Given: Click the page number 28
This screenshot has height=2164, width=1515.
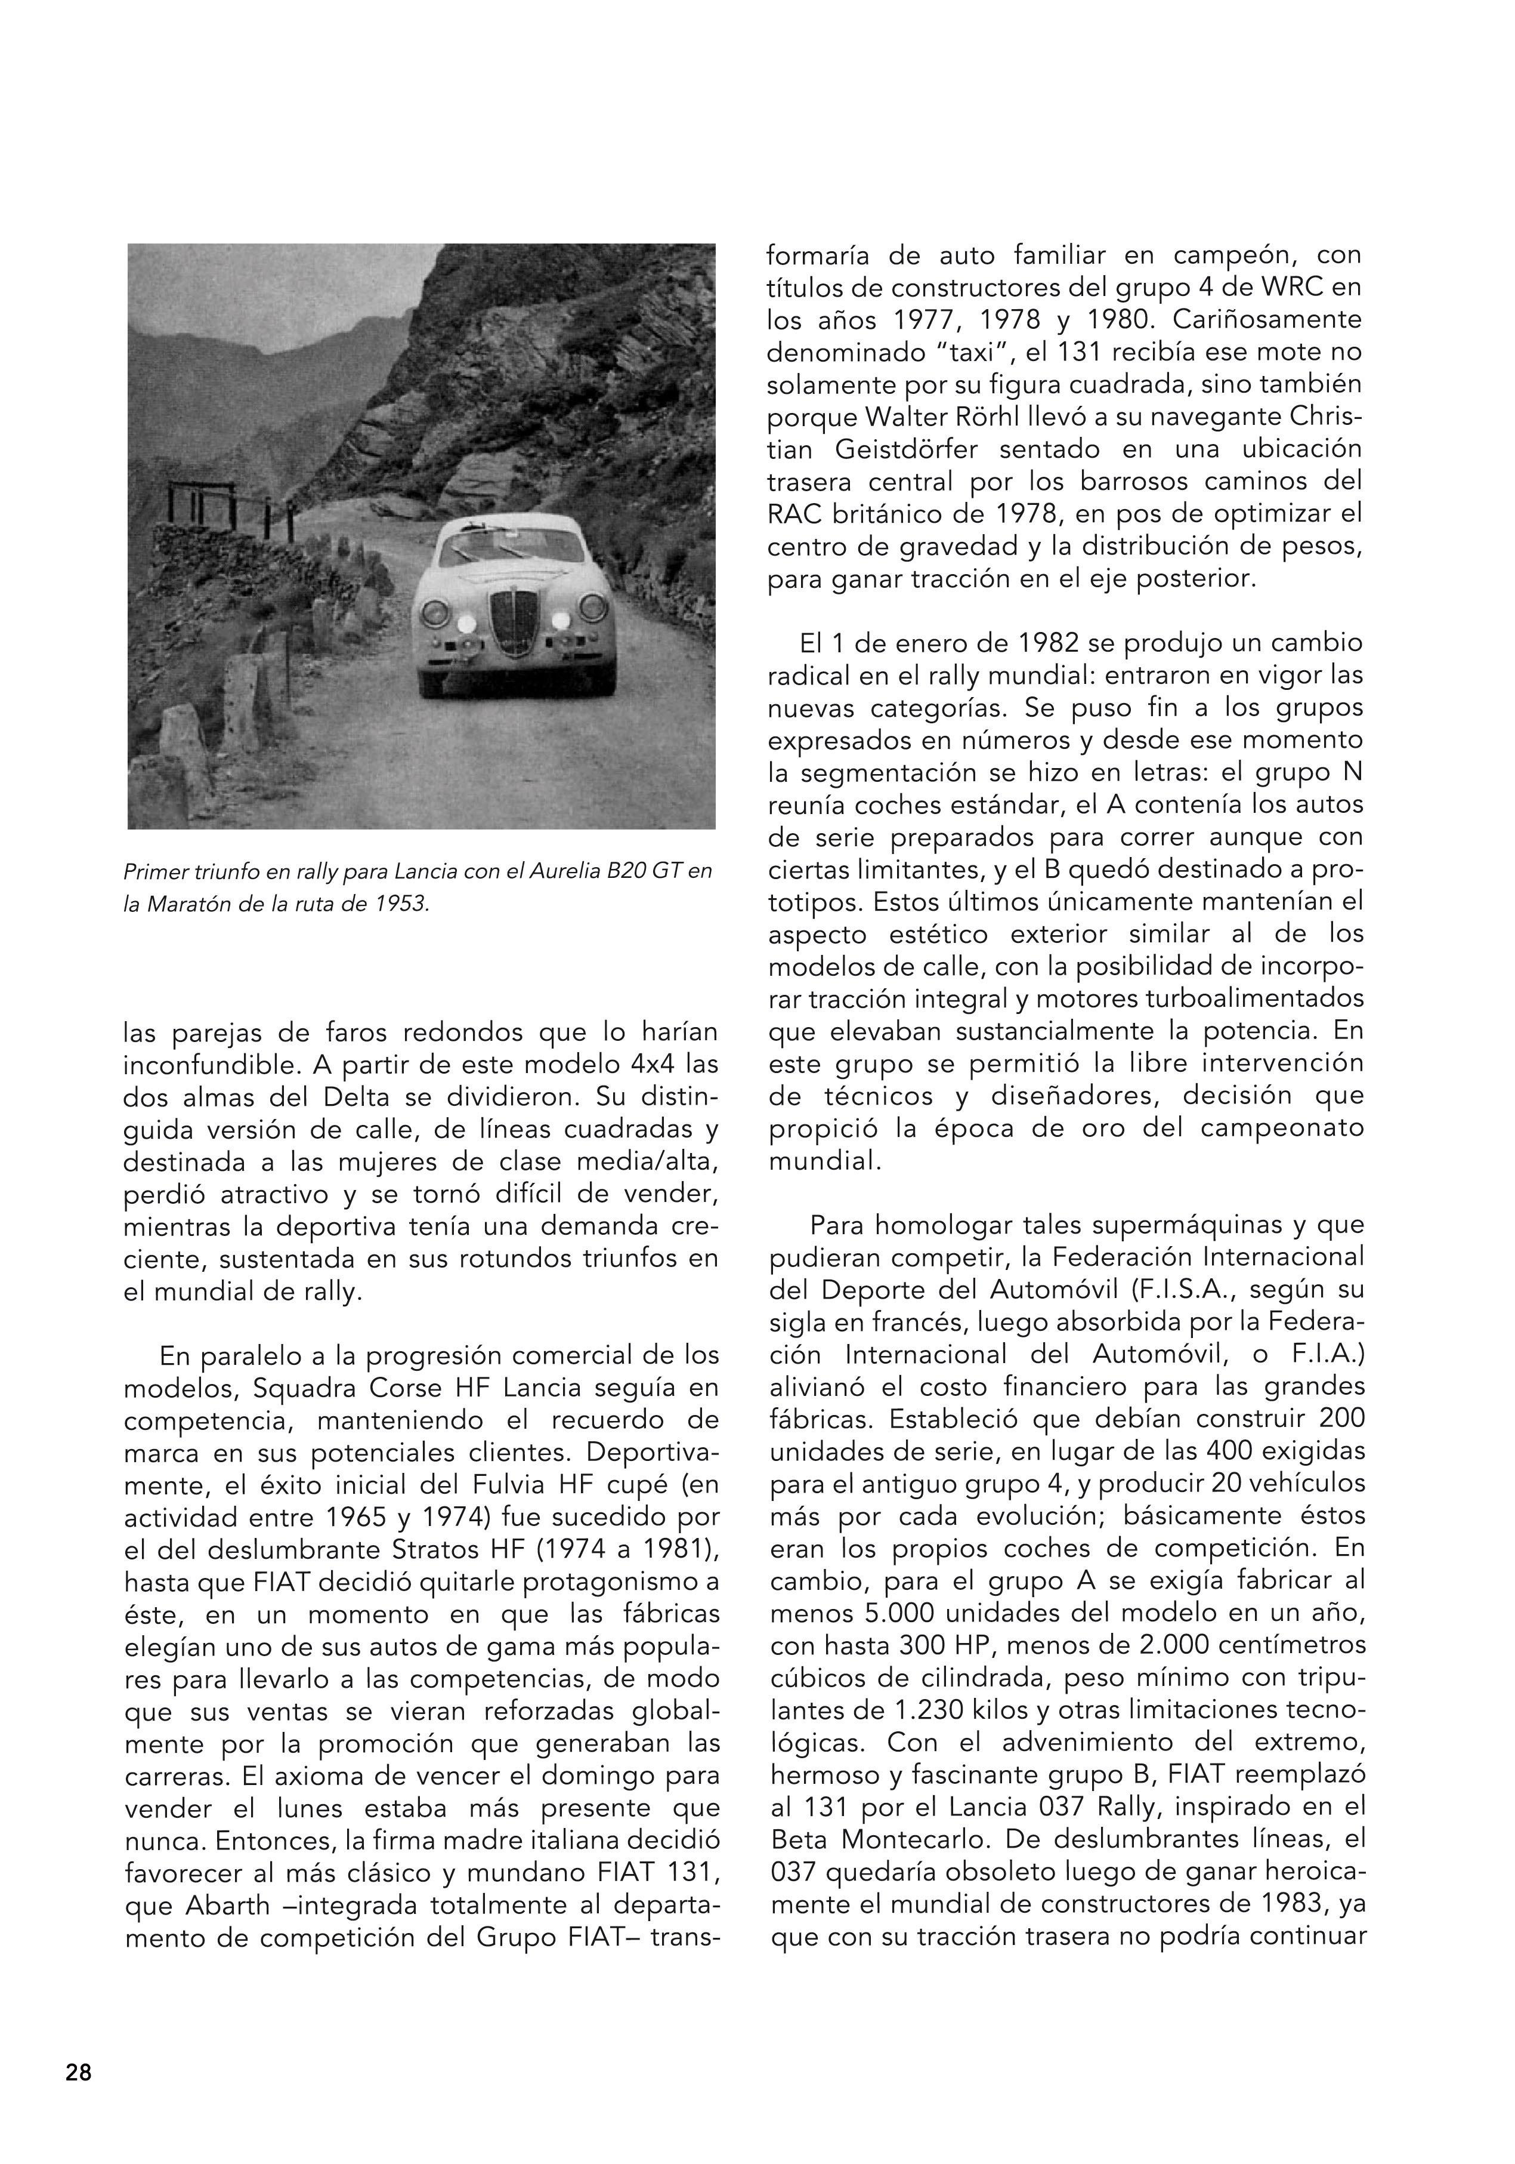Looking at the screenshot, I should pyautogui.click(x=78, y=2073).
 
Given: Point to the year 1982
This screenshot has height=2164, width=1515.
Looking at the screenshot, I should pyautogui.click(x=1049, y=643).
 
